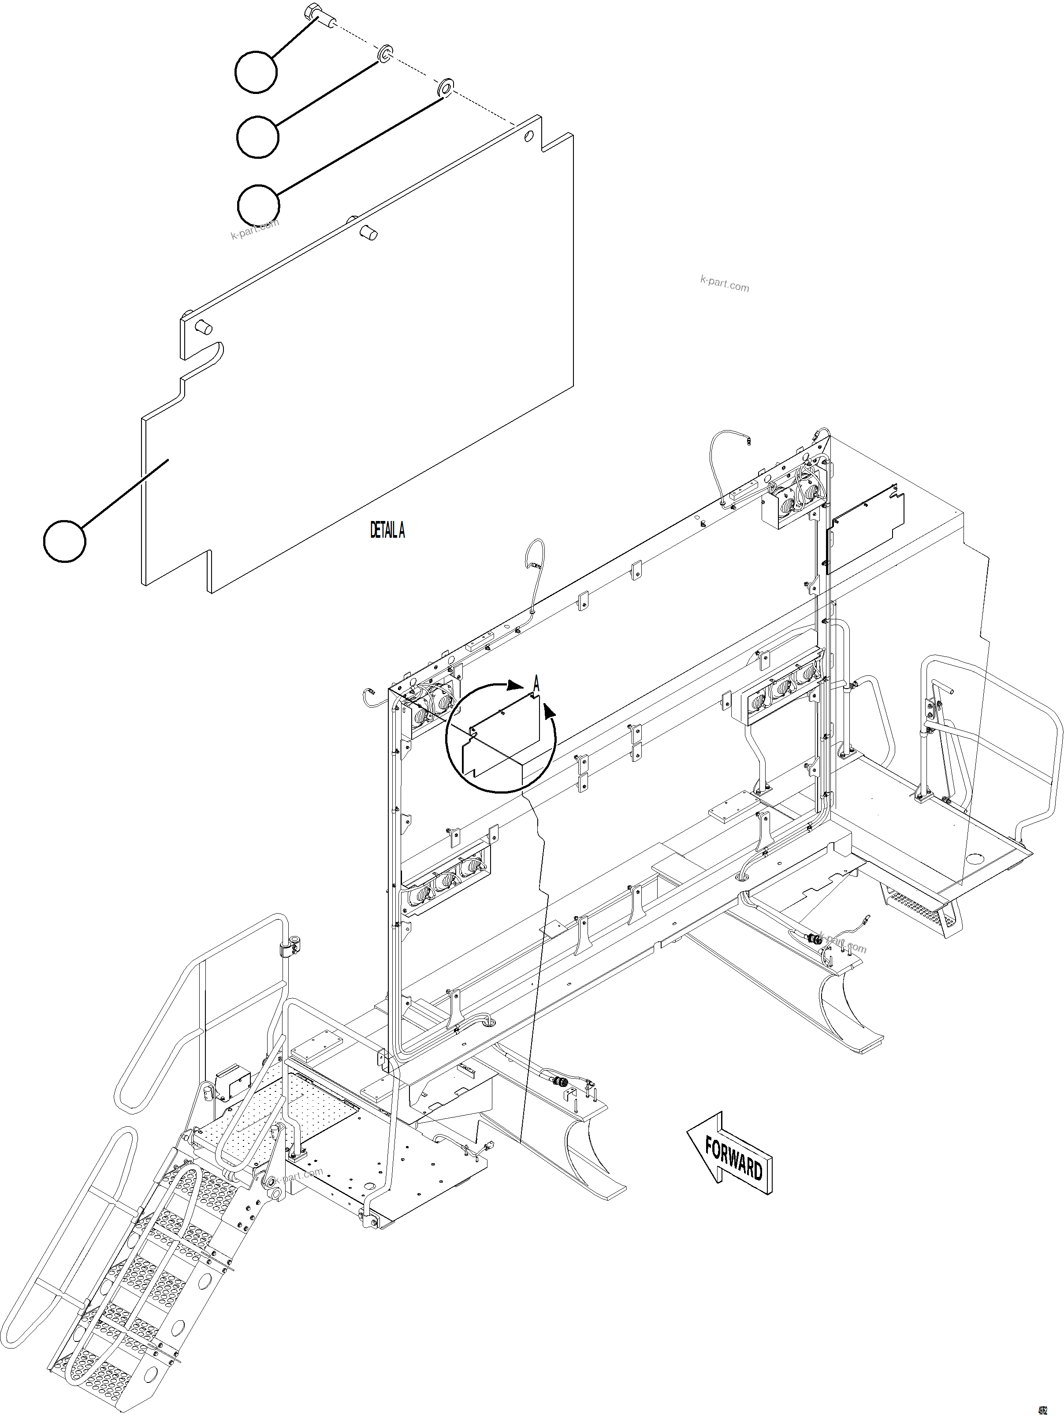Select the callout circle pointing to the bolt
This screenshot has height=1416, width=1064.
pyautogui.click(x=256, y=72)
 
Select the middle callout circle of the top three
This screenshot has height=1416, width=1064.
pyautogui.click(x=257, y=136)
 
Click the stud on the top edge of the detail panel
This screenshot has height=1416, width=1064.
pyautogui.click(x=368, y=231)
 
